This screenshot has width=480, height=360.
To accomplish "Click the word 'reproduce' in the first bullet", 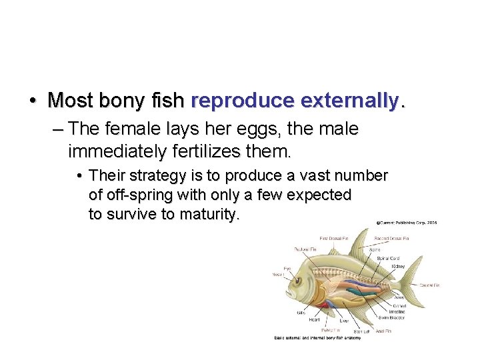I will (243, 101).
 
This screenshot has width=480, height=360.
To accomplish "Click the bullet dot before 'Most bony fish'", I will (33, 101).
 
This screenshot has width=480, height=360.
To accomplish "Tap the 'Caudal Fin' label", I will (429, 285).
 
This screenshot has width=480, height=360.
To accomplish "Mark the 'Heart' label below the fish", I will (313, 321).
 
